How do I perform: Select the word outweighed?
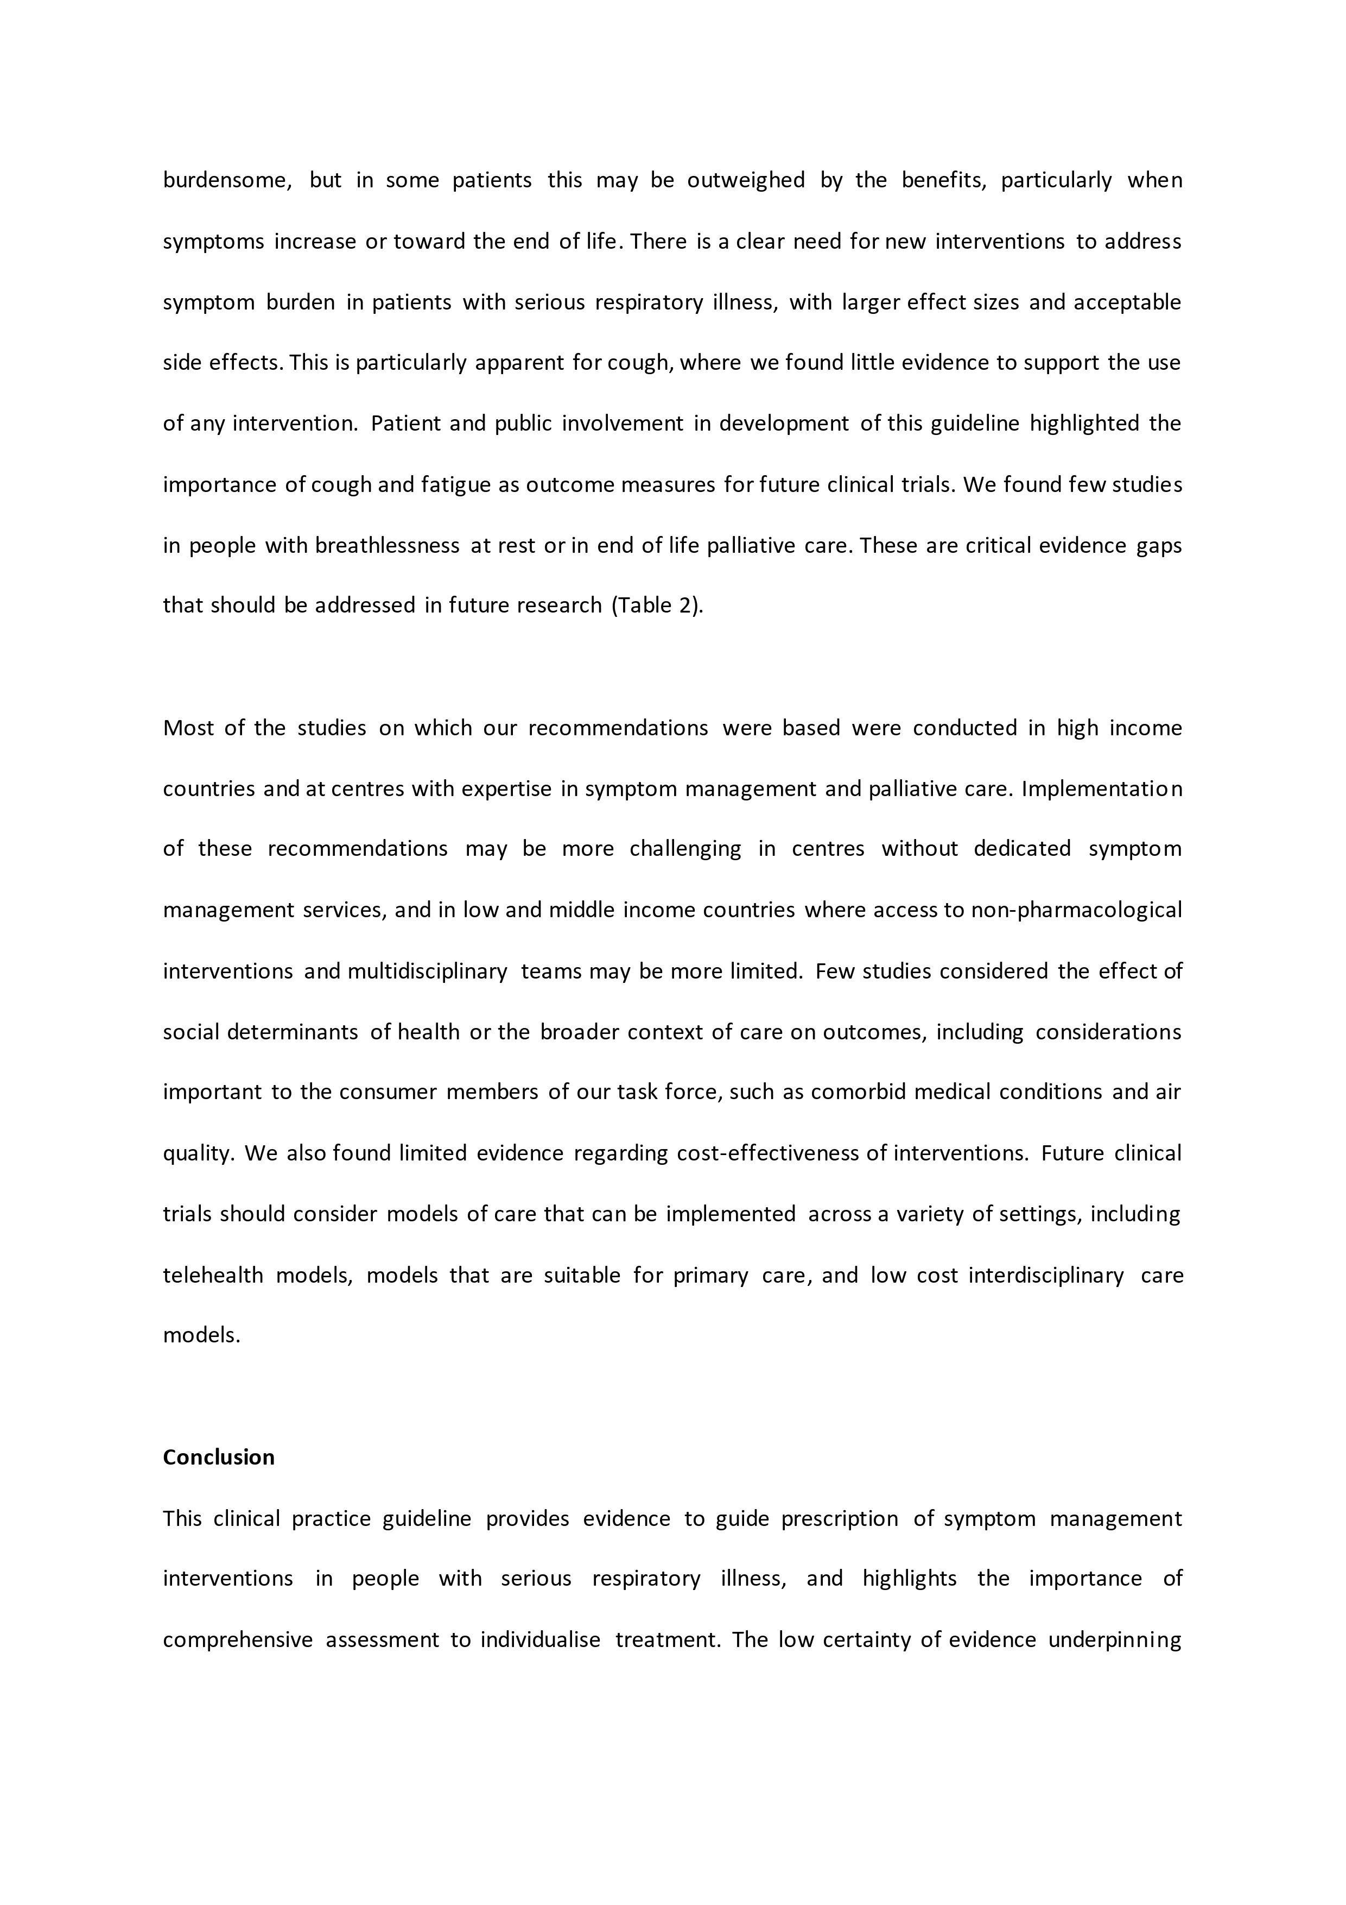coord(746,180)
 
